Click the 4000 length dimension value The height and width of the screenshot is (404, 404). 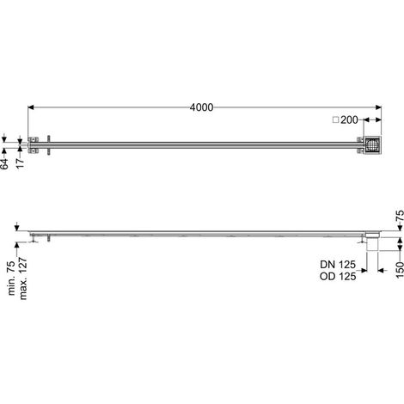coord(201,107)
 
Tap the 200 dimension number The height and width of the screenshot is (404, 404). coord(349,119)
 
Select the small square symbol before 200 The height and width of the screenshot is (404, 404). coord(336,119)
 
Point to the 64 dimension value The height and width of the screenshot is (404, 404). coord(5,163)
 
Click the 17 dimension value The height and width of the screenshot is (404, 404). coord(20,163)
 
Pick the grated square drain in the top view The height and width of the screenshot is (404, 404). coord(372,145)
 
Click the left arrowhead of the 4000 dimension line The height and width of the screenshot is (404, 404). coord(31,107)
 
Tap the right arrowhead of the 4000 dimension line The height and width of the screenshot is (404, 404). coord(378,107)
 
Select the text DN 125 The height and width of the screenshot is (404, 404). coord(338,265)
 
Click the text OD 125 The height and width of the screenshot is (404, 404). coord(338,277)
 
